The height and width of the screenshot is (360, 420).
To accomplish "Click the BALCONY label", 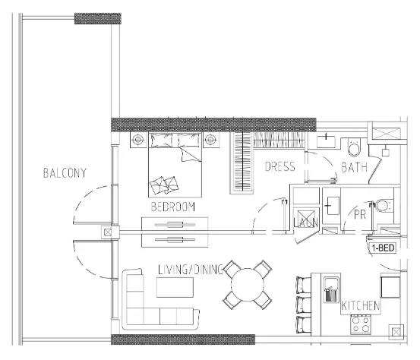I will pos(65,173).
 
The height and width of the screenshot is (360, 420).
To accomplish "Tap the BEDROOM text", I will pos(173,207).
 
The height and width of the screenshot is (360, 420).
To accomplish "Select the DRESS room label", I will pos(279,167).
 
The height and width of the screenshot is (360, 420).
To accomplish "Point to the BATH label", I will pos(355,167).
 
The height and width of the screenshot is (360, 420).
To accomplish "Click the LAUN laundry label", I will pos(305,221).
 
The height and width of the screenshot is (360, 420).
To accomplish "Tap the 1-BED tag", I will pos(381,248).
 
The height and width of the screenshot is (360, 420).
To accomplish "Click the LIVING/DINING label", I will pos(191,270).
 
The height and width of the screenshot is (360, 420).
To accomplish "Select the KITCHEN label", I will pos(361,305).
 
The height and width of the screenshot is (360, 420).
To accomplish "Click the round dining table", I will pos(248,286).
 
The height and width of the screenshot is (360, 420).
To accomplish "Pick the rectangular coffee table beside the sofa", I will pos(175,287).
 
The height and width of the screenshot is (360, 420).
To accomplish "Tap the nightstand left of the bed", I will pos(138,140).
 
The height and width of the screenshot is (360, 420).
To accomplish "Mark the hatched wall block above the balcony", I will pos(97,17).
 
